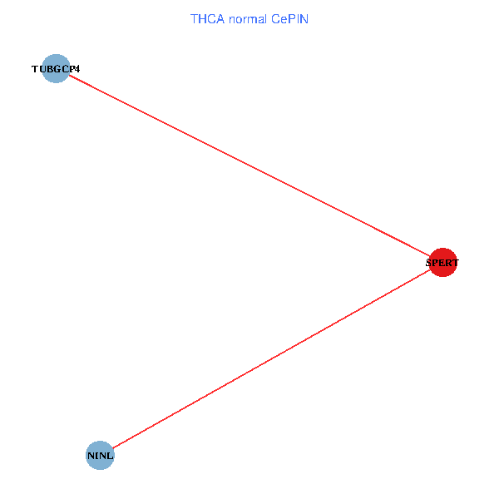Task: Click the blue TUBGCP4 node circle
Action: click(x=56, y=69)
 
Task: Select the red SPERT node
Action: click(x=442, y=263)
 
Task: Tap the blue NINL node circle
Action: click(x=100, y=456)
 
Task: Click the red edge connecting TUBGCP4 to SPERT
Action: click(x=249, y=166)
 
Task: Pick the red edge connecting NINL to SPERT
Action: click(x=271, y=359)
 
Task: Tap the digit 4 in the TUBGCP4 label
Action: click(x=77, y=69)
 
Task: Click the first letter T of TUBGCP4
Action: click(x=35, y=69)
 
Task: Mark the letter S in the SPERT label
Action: click(x=428, y=263)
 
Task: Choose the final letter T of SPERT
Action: click(x=455, y=263)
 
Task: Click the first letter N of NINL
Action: click(x=90, y=456)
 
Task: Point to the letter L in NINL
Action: click(x=110, y=456)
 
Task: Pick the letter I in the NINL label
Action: click(x=96, y=456)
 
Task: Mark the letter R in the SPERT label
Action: click(x=448, y=263)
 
